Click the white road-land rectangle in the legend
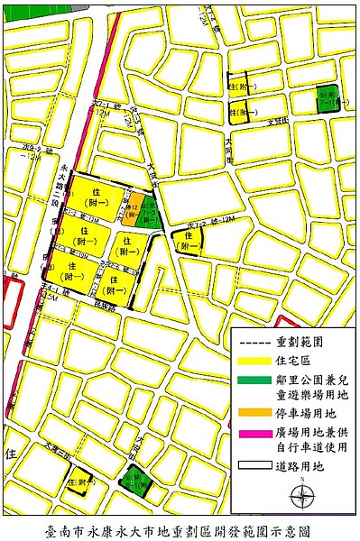point(254,466)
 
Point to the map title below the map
point(180,530)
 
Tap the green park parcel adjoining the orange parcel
point(148,212)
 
